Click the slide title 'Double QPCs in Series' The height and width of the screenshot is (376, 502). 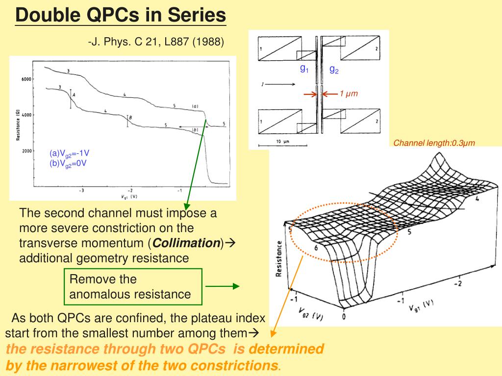click(x=121, y=15)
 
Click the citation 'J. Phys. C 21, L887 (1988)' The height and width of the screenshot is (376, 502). click(x=157, y=42)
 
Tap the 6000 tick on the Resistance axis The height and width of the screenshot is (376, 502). click(x=26, y=79)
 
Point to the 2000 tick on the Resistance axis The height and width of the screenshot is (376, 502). click(x=26, y=151)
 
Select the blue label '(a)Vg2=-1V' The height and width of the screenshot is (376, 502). click(x=69, y=153)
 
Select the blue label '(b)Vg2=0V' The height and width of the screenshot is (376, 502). click(x=68, y=164)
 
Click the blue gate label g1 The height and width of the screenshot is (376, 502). click(x=304, y=68)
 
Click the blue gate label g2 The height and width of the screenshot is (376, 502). click(x=334, y=70)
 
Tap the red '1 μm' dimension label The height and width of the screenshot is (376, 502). click(x=349, y=94)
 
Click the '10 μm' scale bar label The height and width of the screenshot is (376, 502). click(x=283, y=141)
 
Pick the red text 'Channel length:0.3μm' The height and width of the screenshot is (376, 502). click(x=434, y=143)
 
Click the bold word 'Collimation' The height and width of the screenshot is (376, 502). click(x=186, y=243)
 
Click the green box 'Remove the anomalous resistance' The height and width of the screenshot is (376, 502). click(x=133, y=287)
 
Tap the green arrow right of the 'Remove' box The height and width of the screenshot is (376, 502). click(x=222, y=286)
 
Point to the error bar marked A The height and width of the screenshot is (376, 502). click(x=71, y=99)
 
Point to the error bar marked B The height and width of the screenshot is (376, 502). click(x=128, y=121)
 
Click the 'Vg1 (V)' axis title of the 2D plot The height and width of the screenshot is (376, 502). click(x=129, y=197)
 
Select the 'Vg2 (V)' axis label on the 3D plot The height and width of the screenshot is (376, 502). click(x=311, y=314)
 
